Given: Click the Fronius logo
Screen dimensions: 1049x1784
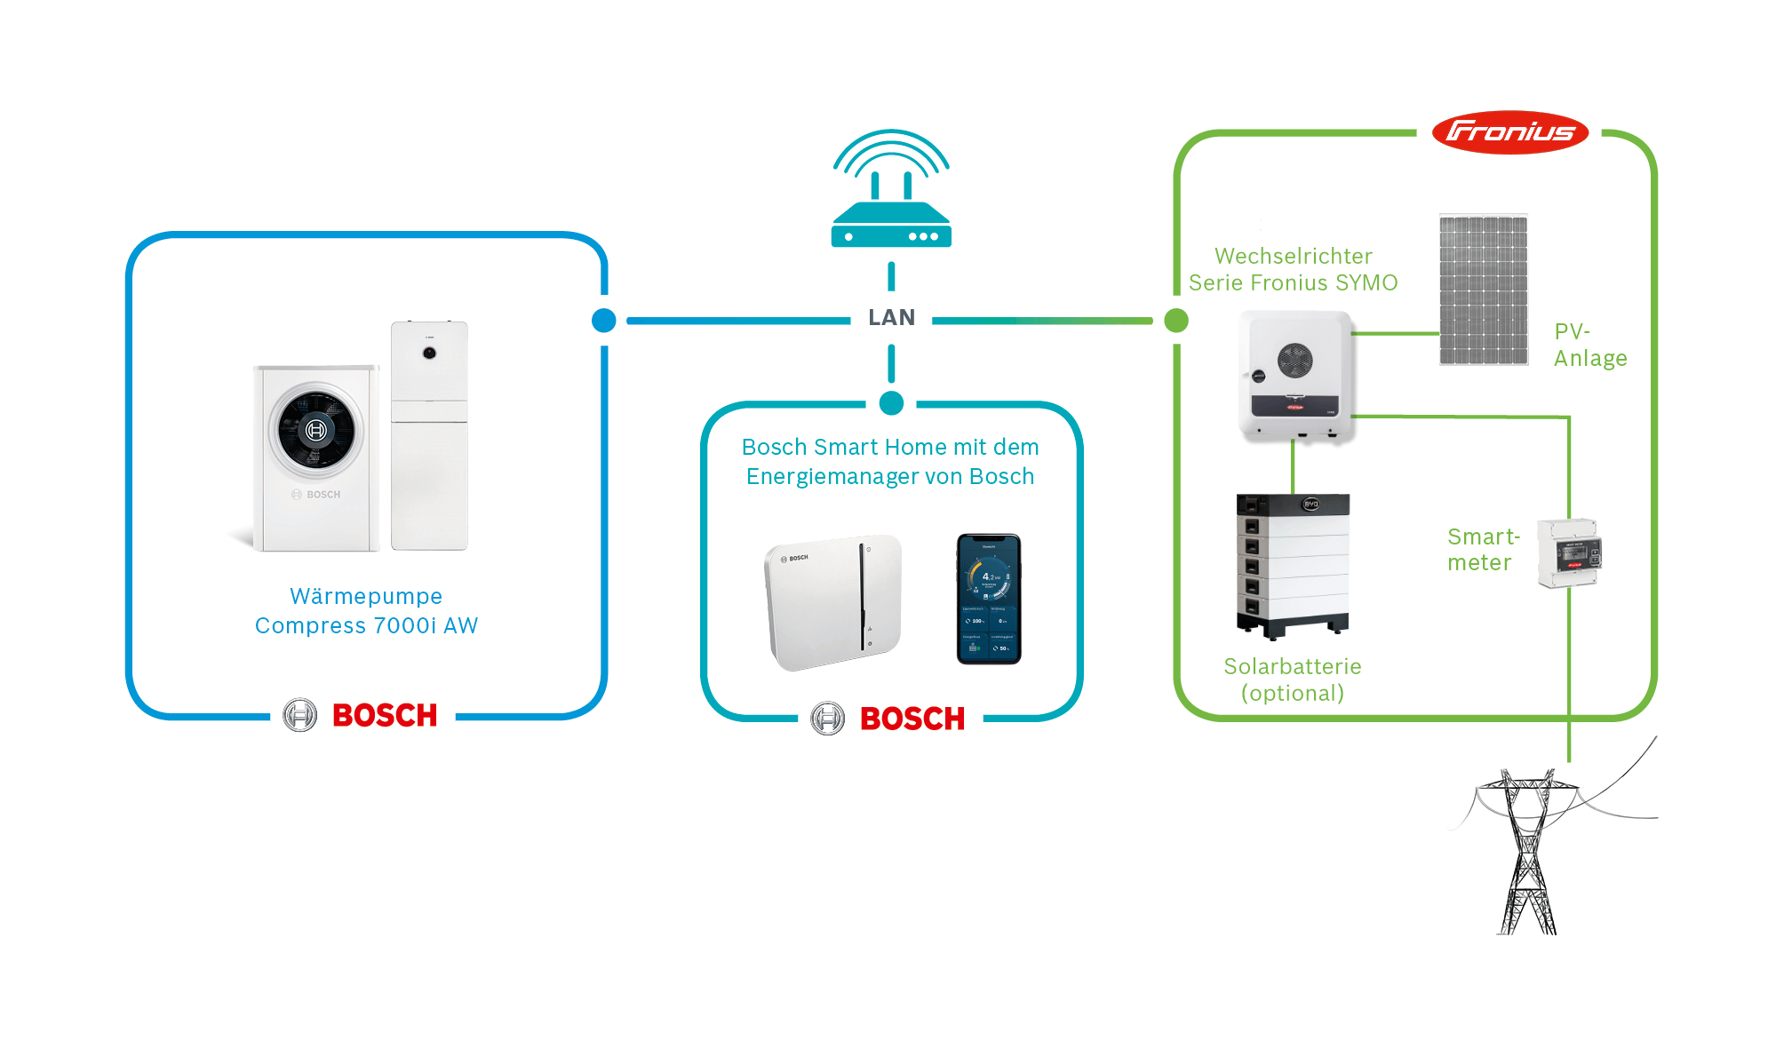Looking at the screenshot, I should click(x=1509, y=132).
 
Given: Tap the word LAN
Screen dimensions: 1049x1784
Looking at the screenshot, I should click(x=891, y=318).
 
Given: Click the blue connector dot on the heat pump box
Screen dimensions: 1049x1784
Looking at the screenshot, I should click(x=604, y=321).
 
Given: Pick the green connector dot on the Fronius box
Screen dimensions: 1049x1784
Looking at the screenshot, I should click(x=1176, y=320).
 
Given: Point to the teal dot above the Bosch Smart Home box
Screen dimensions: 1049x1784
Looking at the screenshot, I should click(x=891, y=403).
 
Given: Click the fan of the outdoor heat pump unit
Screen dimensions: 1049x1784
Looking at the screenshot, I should click(x=315, y=431).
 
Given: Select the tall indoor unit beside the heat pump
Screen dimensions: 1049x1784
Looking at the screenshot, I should click(x=429, y=435).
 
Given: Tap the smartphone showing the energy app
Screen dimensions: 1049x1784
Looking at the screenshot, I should click(x=989, y=599).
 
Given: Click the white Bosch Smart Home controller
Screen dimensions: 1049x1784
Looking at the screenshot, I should click(x=832, y=601).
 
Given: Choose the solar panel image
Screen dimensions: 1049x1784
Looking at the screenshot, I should click(x=1483, y=290).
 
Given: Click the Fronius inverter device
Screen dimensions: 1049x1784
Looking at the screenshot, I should click(x=1295, y=376).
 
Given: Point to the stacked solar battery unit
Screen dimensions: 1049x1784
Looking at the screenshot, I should click(x=1293, y=566).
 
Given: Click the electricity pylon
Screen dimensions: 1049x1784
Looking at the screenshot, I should click(x=1528, y=853).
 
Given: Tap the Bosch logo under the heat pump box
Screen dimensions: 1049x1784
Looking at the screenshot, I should click(x=362, y=715).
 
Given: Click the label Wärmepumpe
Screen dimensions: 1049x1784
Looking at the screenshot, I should click(x=366, y=596).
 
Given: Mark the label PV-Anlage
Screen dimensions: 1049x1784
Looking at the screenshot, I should click(x=1589, y=345).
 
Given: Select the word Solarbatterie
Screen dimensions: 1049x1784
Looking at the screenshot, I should click(x=1292, y=666).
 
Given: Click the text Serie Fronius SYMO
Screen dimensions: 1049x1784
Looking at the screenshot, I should click(x=1293, y=282).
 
